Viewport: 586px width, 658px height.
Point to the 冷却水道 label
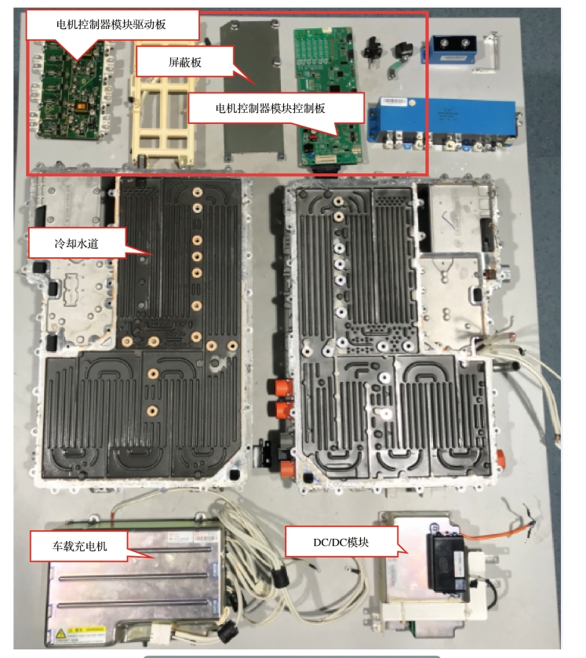(x=65, y=243)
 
